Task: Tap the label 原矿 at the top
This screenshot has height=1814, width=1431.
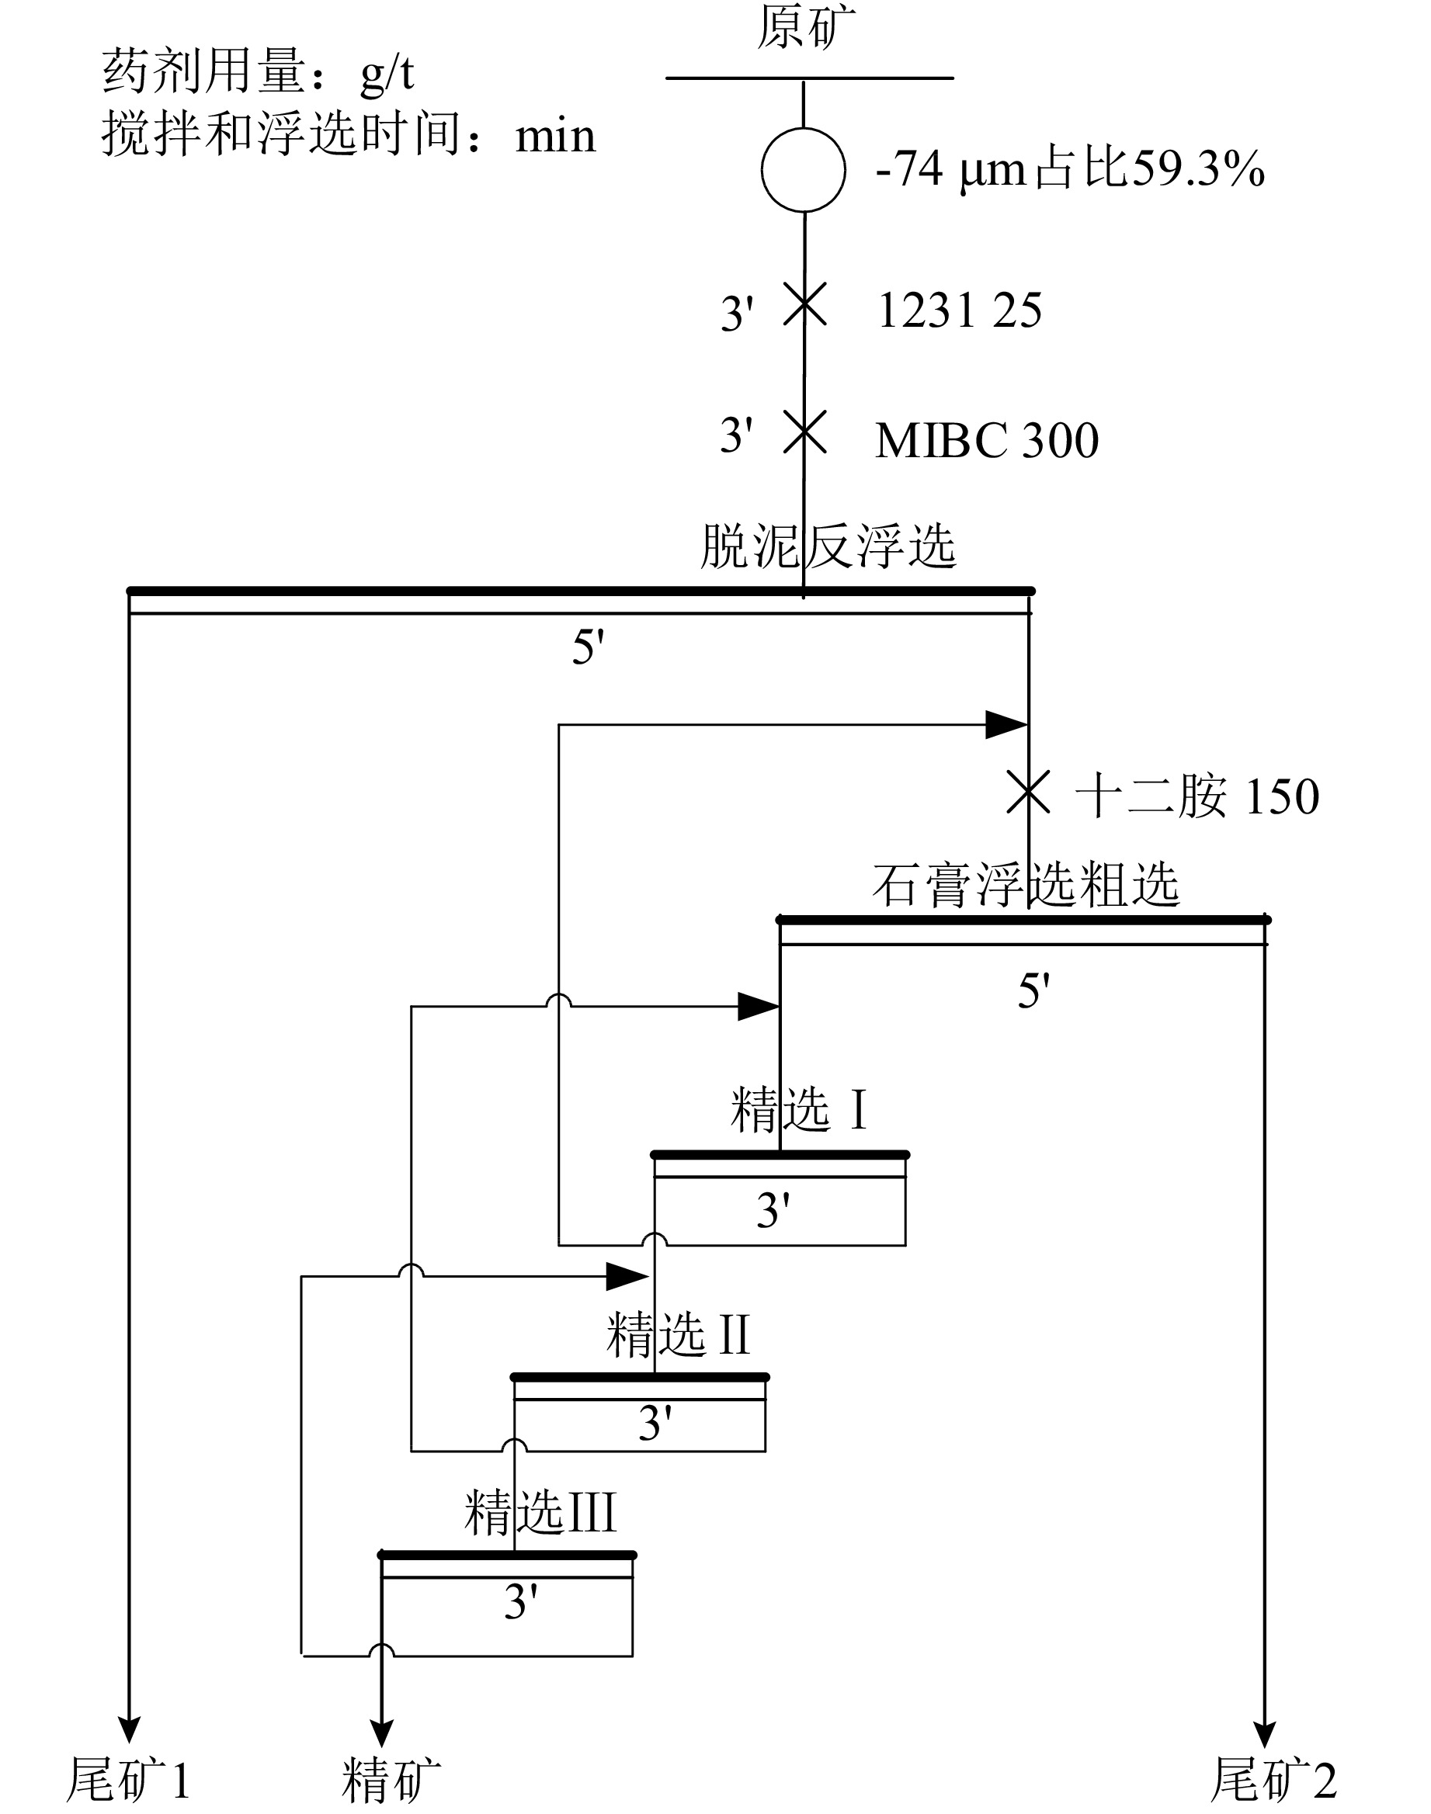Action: (x=806, y=27)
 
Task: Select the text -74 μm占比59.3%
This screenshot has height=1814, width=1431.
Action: (x=1070, y=169)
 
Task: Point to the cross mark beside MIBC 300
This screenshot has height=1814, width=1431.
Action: (x=804, y=432)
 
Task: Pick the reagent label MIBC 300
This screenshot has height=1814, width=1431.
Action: (x=987, y=441)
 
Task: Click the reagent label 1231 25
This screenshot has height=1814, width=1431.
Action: (x=960, y=310)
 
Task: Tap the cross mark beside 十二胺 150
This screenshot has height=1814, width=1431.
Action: (x=1028, y=793)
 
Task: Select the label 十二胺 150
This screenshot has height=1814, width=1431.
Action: (x=1197, y=796)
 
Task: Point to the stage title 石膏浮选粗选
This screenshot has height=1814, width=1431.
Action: (x=1026, y=884)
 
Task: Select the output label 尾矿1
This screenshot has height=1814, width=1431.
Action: (x=129, y=1779)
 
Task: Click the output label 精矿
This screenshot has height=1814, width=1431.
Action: (x=391, y=1780)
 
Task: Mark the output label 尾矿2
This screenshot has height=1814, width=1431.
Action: (x=1274, y=1779)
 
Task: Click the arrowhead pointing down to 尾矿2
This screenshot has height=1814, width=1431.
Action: (x=1264, y=1734)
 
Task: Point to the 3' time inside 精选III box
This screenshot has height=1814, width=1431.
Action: (x=520, y=1602)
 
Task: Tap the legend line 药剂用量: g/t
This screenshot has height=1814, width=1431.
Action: (x=258, y=71)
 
